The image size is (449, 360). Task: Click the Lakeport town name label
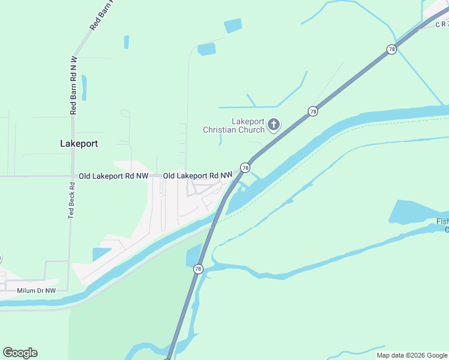(79, 144)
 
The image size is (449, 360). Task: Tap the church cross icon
(274, 125)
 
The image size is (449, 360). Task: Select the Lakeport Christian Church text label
(234, 125)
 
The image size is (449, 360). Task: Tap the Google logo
(20, 353)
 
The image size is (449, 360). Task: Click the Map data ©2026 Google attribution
(412, 355)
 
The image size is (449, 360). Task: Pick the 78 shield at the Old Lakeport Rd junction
(245, 167)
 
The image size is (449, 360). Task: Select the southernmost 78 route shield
(198, 269)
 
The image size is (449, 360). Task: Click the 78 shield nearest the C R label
(391, 50)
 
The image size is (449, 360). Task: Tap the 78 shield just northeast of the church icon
(313, 111)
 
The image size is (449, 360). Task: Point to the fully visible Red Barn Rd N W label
(74, 85)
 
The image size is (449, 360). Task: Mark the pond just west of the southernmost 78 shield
(193, 254)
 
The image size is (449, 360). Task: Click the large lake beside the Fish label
(417, 213)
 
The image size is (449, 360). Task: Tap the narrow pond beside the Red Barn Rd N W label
(84, 88)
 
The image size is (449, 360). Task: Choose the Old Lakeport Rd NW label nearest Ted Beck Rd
(113, 176)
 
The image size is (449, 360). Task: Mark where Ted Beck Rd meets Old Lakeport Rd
(72, 176)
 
